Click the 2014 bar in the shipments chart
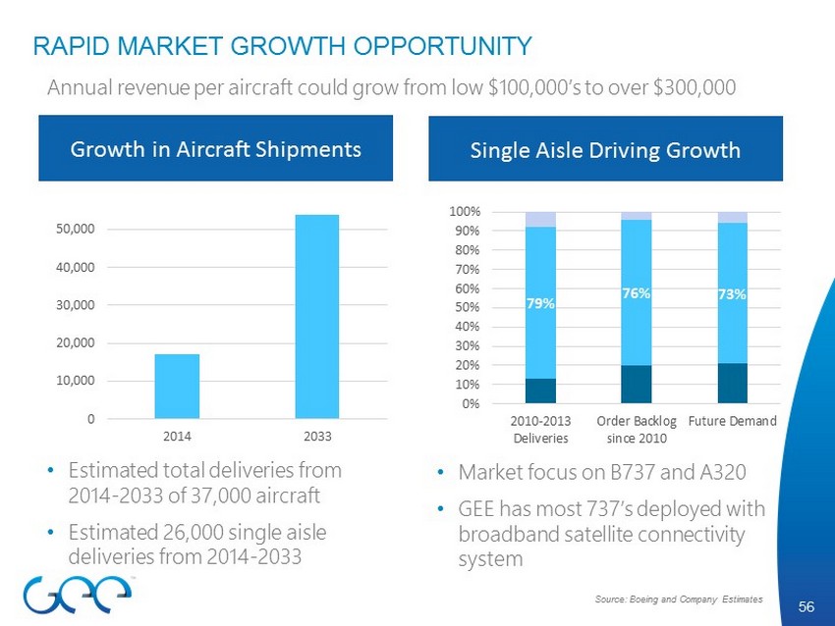[x=177, y=387]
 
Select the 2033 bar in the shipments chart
[x=317, y=316]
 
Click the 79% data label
[x=540, y=304]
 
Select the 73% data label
[x=732, y=293]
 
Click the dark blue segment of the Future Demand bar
[x=732, y=384]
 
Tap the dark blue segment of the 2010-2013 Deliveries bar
[x=540, y=391]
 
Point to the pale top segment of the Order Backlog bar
[x=637, y=215]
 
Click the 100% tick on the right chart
[x=465, y=212]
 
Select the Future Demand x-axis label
[x=732, y=421]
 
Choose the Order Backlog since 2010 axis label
[x=636, y=429]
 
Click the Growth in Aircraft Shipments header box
[x=215, y=149]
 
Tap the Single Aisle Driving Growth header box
[x=605, y=149]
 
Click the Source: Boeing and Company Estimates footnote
[x=678, y=598]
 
